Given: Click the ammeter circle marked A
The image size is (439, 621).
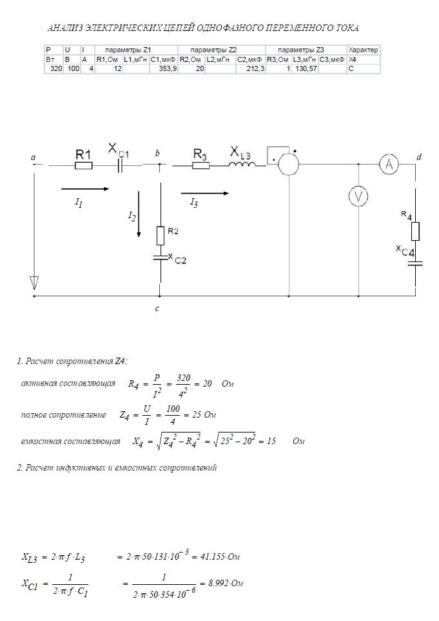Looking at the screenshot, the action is tap(389, 164).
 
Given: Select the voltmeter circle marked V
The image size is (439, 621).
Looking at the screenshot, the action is tap(358, 197).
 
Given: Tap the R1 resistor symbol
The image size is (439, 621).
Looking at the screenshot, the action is tap(83, 166).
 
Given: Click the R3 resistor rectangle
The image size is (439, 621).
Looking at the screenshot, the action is tap(201, 165).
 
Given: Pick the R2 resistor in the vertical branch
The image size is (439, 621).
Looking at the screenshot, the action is tap(160, 236).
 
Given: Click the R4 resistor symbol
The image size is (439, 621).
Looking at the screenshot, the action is tap(415, 231).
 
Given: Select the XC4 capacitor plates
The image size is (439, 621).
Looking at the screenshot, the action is tap(415, 263).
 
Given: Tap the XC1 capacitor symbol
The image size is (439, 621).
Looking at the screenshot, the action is tap(121, 166).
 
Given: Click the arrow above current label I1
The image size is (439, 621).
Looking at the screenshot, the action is tap(85, 189).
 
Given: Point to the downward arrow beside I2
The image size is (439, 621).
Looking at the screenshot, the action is tap(139, 214).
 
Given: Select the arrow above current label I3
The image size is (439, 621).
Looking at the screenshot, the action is tap(205, 193).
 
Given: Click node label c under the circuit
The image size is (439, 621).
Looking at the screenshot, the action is tap(157, 308).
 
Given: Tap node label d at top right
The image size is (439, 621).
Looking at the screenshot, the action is tap(419, 158).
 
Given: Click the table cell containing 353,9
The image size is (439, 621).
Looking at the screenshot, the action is tap(163, 68).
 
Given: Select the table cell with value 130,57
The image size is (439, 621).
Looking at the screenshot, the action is tap(305, 68).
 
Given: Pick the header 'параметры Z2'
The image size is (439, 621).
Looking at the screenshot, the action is tap(213, 50).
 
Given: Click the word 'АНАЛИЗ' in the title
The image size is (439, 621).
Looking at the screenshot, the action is tap(66, 28).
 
